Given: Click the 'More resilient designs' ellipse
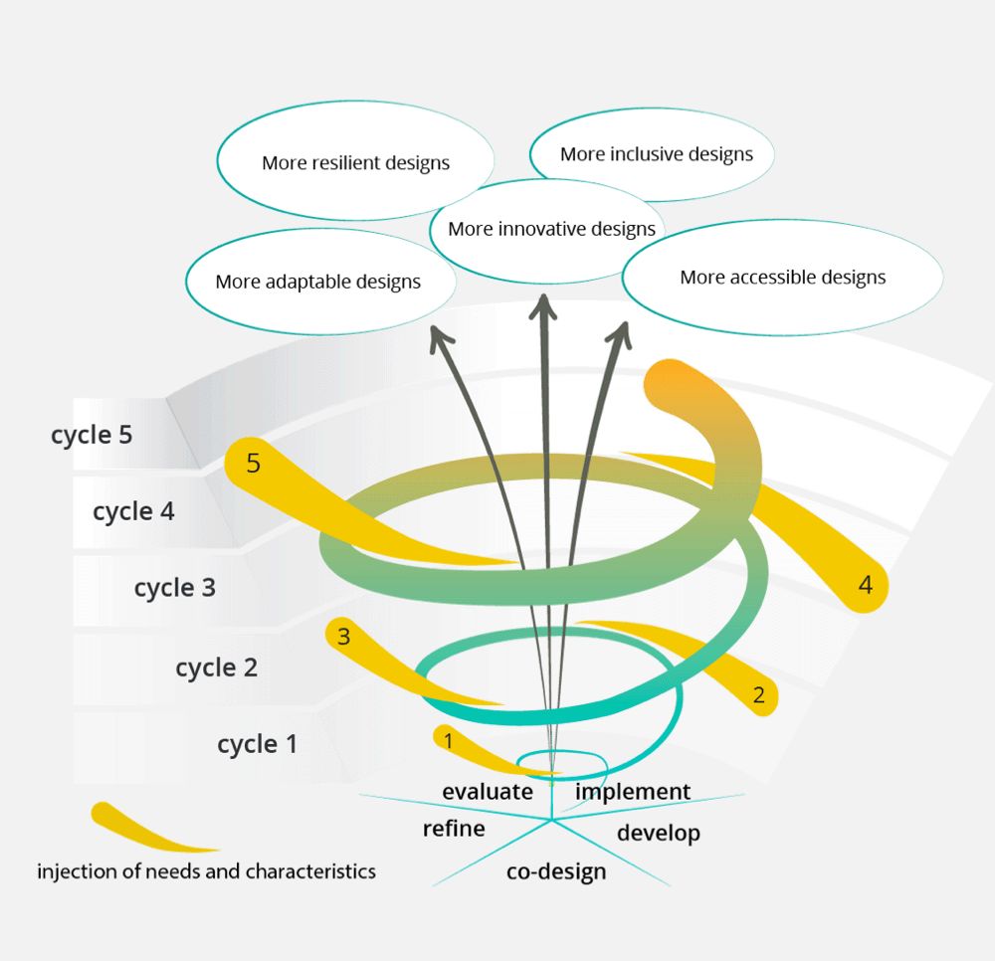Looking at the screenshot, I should pyautogui.click(x=355, y=163).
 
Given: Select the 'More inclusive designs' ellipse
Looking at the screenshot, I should pyautogui.click(x=656, y=154).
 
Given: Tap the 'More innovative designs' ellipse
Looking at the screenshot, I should pyautogui.click(x=551, y=230).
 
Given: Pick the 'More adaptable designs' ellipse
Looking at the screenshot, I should pyautogui.click(x=317, y=282).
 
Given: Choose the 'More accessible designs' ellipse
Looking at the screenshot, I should pyautogui.click(x=782, y=278).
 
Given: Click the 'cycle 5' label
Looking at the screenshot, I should pyautogui.click(x=92, y=435).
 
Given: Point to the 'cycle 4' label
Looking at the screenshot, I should pyautogui.click(x=133, y=511).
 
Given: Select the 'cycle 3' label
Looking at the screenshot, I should pyautogui.click(x=175, y=588).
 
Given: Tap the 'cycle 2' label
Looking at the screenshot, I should pyautogui.click(x=216, y=667).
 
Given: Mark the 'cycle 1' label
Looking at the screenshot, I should pyautogui.click(x=257, y=744).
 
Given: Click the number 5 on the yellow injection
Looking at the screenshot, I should pyautogui.click(x=253, y=464).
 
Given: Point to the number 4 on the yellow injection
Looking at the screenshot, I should pyautogui.click(x=865, y=586).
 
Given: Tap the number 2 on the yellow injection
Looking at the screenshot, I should pyautogui.click(x=759, y=695).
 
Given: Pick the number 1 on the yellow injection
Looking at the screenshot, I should pyautogui.click(x=448, y=740).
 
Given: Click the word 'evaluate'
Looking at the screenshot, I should pyautogui.click(x=488, y=792).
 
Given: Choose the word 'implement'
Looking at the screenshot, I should pyautogui.click(x=633, y=792).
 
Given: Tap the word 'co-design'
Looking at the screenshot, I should pyautogui.click(x=555, y=872).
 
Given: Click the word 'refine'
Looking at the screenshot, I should pyautogui.click(x=454, y=828).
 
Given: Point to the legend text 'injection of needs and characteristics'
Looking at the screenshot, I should pyautogui.click(x=207, y=872).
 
